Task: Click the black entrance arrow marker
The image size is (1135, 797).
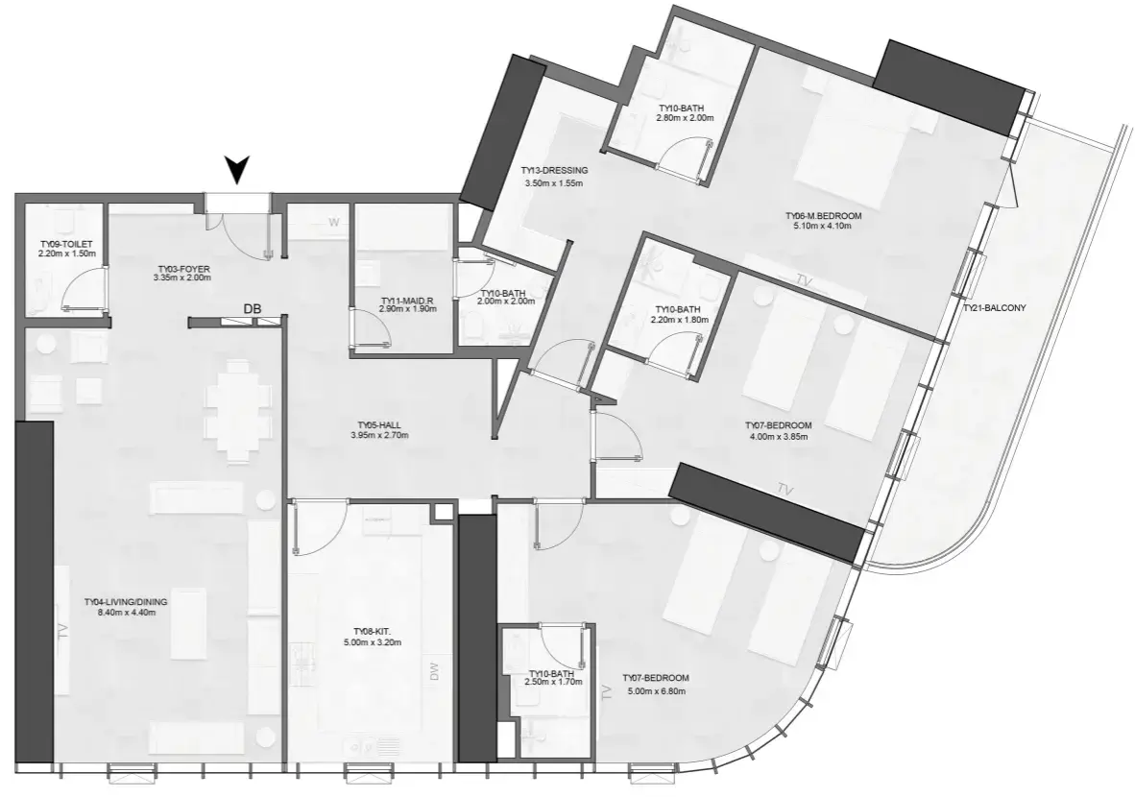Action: pyautogui.click(x=237, y=171)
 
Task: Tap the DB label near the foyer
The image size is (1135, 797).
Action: pyautogui.click(x=252, y=308)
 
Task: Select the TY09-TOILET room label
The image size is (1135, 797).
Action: pyautogui.click(x=66, y=245)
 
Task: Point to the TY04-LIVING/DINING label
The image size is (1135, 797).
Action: pyautogui.click(x=126, y=602)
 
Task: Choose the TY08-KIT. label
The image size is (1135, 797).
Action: pyautogui.click(x=373, y=632)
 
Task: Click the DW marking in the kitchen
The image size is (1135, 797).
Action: pyautogui.click(x=434, y=672)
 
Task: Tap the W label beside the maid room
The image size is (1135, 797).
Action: pyautogui.click(x=334, y=222)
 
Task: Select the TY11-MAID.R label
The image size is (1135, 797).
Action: pyautogui.click(x=407, y=301)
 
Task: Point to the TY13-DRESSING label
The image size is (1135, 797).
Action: pyautogui.click(x=554, y=171)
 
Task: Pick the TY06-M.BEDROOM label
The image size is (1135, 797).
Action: pyautogui.click(x=824, y=216)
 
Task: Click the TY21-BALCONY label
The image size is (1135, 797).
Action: pyautogui.click(x=995, y=307)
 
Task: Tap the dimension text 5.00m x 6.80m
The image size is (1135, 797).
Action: pyautogui.click(x=656, y=691)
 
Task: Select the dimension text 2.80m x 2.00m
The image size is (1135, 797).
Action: pyautogui.click(x=685, y=117)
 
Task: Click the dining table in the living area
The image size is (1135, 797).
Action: pyautogui.click(x=232, y=411)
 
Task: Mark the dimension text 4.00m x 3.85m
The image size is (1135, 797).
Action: pyautogui.click(x=778, y=437)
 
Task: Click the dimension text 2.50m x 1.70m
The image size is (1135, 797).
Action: pyautogui.click(x=553, y=682)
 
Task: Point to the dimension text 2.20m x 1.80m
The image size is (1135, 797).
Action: pyautogui.click(x=679, y=319)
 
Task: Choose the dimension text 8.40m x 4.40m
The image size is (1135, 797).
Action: pyautogui.click(x=126, y=613)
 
